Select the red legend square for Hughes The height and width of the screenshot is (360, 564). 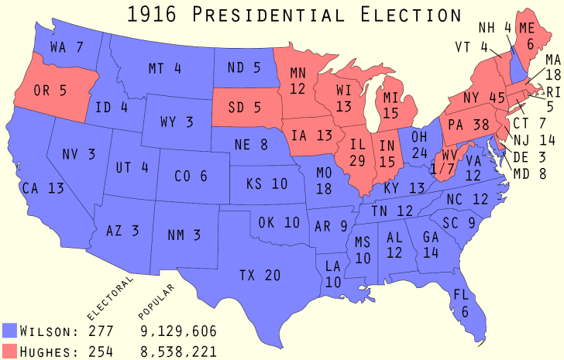10,351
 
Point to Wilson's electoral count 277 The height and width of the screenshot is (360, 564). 101,331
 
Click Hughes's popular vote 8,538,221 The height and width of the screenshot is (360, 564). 178,351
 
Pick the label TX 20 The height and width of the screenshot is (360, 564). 260,274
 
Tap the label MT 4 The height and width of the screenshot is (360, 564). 164,68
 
